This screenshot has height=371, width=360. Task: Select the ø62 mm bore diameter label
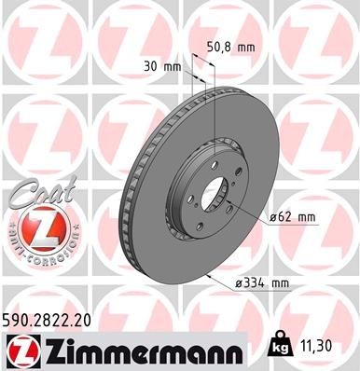tap(293, 217)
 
